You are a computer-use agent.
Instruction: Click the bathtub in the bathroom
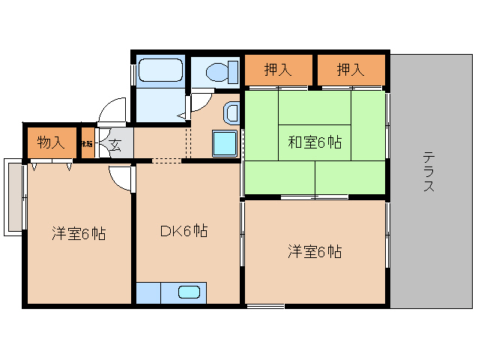[x=160, y=72]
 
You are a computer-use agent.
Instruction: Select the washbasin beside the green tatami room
[x=232, y=113]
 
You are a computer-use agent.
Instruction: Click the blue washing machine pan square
[x=225, y=142]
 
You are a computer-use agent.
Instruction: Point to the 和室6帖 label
[x=315, y=142]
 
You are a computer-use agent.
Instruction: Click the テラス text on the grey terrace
[x=428, y=172]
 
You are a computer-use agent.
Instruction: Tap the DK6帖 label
[x=184, y=232]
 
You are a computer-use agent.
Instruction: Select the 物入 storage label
[x=50, y=142]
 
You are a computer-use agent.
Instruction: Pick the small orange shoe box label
[x=87, y=142]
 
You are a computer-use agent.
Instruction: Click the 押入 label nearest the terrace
[x=350, y=70]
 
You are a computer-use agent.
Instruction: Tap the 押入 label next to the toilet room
[x=278, y=70]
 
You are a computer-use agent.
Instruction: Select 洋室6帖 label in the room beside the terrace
[x=315, y=252]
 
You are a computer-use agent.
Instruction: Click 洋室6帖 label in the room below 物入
[x=79, y=233]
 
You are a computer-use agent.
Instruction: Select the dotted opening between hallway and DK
[x=166, y=160]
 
